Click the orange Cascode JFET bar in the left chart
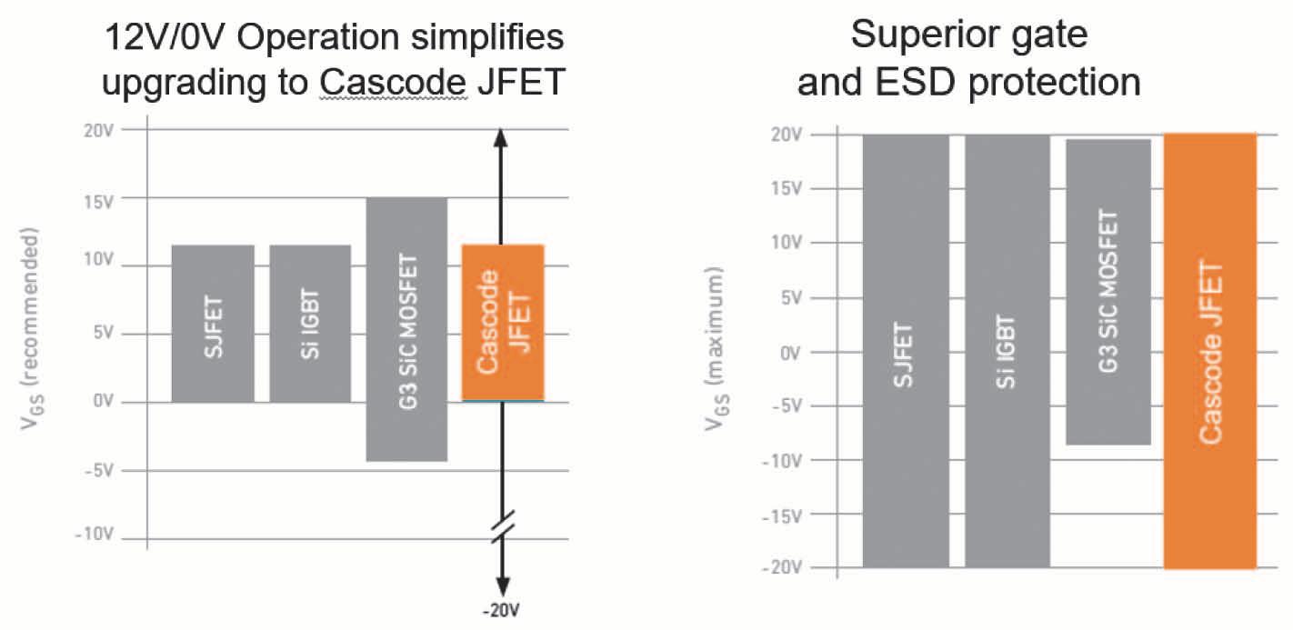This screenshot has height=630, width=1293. point(503,322)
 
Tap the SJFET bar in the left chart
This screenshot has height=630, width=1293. point(213,324)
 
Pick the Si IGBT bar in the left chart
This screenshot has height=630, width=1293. point(310,324)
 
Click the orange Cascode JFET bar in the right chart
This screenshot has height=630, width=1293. point(1209,351)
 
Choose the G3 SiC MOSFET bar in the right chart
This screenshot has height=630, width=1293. point(1108,292)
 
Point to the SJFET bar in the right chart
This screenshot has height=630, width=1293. point(906,351)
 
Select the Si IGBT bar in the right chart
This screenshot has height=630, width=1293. point(1007,351)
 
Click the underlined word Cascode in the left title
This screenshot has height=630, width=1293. point(393,83)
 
